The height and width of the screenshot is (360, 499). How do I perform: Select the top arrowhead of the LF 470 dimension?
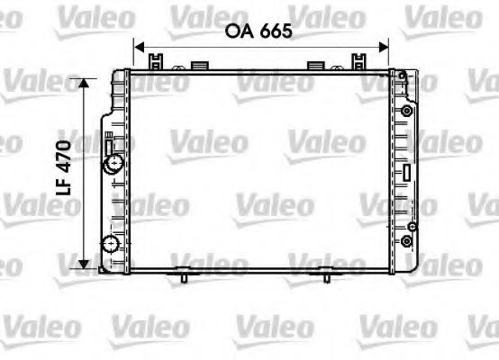[x=86, y=84]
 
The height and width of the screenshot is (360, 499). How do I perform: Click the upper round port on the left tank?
[x=113, y=164]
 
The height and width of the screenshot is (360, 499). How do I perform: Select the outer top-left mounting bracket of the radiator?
[x=157, y=60]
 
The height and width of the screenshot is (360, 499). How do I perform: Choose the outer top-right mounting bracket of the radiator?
[x=365, y=60]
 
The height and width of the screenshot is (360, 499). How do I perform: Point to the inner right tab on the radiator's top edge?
[x=317, y=64]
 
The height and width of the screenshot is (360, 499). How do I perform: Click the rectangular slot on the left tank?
[x=109, y=143]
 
